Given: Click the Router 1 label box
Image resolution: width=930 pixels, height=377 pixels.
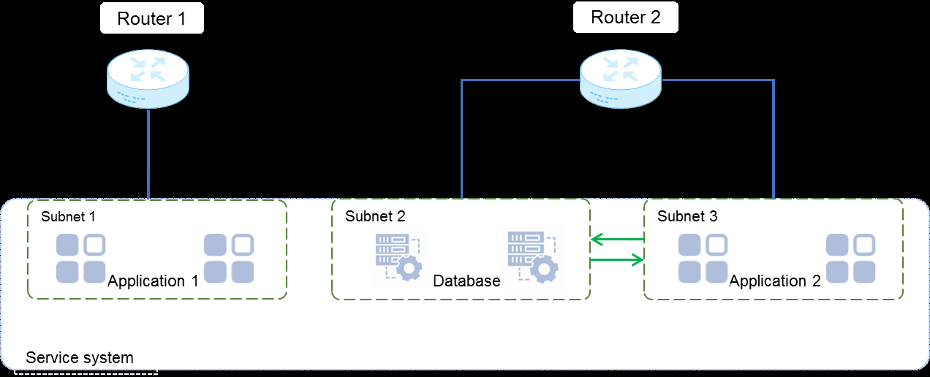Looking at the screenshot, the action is [152, 18].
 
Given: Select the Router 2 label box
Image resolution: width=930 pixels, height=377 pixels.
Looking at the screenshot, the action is [626, 18].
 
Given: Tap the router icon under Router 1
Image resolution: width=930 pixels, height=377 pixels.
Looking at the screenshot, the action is [148, 79].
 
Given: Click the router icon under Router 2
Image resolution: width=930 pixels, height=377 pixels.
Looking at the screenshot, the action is [621, 79].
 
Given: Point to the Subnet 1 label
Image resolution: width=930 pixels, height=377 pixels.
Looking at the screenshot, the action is [68, 216].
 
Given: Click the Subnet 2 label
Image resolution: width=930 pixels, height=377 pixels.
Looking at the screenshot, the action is [375, 216].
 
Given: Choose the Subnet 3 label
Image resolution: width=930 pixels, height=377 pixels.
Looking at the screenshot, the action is [687, 216].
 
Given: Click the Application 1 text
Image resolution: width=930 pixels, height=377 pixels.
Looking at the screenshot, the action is [154, 281].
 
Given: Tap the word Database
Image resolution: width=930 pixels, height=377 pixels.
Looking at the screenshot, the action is [466, 281].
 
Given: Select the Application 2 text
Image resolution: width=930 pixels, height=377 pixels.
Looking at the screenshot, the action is [775, 281].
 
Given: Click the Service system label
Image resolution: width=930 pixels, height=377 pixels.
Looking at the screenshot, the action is [80, 357].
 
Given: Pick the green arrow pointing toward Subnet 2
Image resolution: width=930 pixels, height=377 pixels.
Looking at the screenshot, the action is [617, 240].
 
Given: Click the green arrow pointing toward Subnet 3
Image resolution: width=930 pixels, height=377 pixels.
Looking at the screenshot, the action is [617, 259].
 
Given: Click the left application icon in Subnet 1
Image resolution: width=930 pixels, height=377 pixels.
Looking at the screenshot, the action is [81, 259].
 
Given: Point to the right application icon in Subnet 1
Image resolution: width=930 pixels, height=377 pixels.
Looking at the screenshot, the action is [229, 259].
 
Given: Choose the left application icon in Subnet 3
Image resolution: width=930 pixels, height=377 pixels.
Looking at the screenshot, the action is [703, 259].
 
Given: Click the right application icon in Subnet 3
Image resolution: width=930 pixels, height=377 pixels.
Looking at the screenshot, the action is [851, 259].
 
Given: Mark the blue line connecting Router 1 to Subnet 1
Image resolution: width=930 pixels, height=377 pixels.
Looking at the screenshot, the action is [148, 154].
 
